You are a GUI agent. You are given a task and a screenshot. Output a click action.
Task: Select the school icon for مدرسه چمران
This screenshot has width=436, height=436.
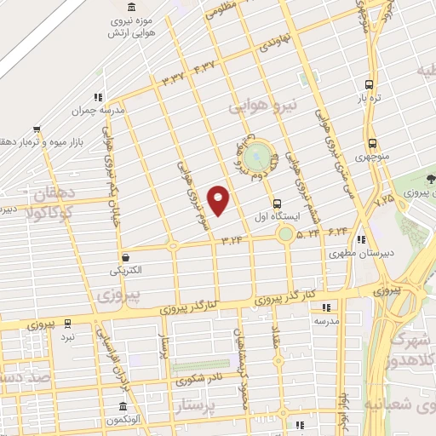(99, 97)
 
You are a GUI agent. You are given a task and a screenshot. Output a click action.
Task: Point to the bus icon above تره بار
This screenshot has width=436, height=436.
(369, 84)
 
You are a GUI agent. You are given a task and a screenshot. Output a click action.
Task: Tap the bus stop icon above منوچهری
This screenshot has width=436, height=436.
(372, 144)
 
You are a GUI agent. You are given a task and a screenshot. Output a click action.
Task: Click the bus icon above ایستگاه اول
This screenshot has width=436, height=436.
(277, 203)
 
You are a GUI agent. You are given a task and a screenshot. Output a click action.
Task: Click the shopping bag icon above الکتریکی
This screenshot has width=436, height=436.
(126, 256)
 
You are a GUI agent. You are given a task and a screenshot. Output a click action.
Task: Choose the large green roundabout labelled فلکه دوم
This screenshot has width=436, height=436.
(255, 157)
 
